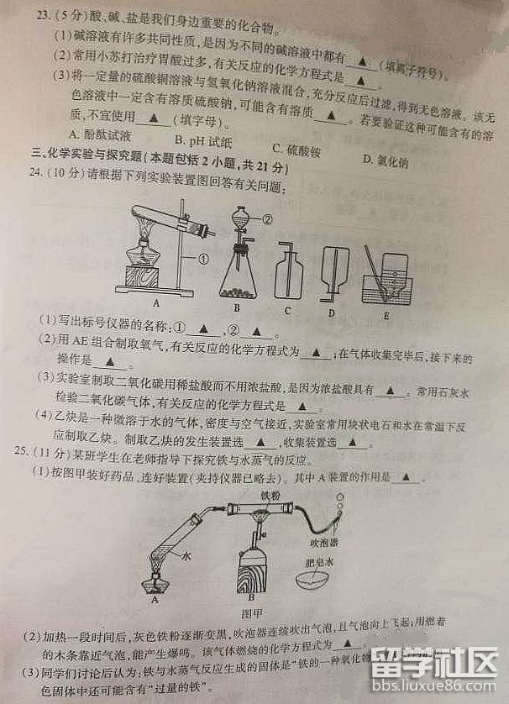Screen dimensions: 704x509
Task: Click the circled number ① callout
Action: [203, 257]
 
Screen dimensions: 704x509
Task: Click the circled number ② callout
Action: [268, 218]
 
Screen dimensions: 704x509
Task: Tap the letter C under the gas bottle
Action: [287, 310]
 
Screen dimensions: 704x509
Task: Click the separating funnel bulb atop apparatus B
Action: [240, 216]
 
